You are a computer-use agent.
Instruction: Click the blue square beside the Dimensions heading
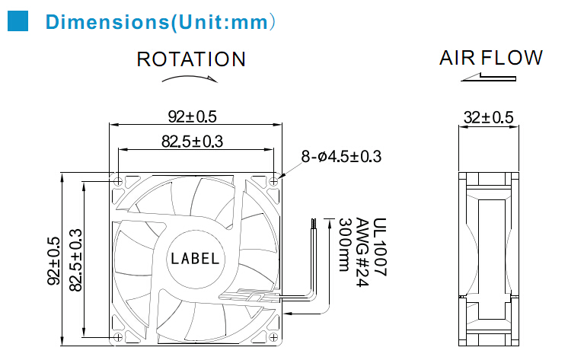[18, 21]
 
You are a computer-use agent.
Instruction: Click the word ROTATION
[191, 59]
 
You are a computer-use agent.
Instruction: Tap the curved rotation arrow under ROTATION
[190, 78]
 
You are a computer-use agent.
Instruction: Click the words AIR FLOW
[491, 58]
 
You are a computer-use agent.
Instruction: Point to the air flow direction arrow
[488, 77]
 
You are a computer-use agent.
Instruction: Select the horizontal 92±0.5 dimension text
[193, 116]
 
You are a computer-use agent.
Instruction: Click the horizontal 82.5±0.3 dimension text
[192, 142]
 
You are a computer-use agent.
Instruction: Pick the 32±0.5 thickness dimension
[488, 117]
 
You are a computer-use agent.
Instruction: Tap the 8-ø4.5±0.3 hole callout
[341, 157]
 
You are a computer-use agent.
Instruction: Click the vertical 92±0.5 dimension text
[53, 261]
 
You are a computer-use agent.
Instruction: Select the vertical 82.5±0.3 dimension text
[75, 260]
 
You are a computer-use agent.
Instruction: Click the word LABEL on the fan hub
[195, 259]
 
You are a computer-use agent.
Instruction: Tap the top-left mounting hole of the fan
[118, 181]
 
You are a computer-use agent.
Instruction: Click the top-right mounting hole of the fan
[273, 181]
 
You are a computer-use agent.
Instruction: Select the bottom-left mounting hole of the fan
[118, 337]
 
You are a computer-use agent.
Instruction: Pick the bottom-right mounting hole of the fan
[273, 337]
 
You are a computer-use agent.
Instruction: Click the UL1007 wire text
[380, 247]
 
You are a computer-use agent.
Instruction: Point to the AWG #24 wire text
[362, 252]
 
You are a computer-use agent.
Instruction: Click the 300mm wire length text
[344, 244]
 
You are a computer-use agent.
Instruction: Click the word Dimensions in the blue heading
[107, 22]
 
